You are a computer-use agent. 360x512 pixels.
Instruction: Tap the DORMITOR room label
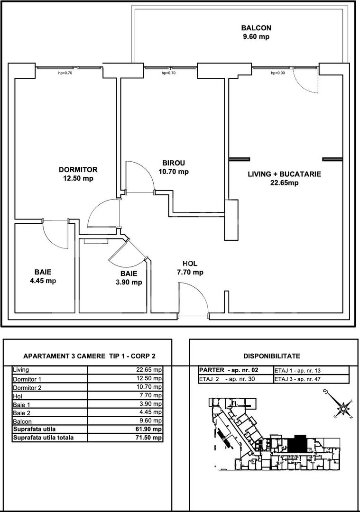coord(78,170)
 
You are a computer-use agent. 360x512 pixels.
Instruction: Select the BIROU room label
coord(174,163)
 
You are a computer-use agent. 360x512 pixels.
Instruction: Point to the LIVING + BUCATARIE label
coord(285,174)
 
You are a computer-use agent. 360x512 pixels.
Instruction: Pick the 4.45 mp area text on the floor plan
coord(43,280)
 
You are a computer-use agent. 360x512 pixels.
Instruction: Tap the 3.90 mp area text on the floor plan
coord(129,282)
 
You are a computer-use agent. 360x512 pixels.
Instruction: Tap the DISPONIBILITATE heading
coord(271,356)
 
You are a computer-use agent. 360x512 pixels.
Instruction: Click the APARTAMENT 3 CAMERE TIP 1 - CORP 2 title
coord(90,356)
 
